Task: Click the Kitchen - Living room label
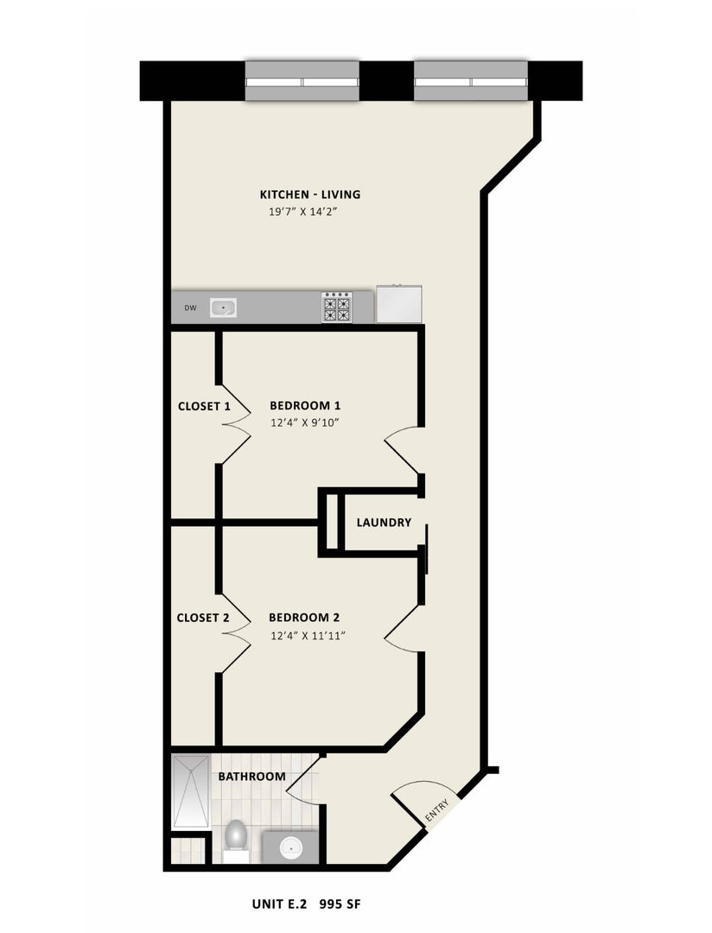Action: coord(310,194)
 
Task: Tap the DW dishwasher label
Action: coord(189,308)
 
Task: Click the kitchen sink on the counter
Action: coord(224,307)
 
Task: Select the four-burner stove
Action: coord(336,307)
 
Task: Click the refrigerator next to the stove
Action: coord(399,305)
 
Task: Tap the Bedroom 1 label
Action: coord(305,405)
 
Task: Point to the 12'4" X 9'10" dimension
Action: coord(305,423)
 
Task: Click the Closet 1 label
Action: coord(204,406)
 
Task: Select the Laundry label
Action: coord(384,523)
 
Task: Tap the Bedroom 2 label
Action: coord(304,617)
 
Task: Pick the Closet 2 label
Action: coord(202,618)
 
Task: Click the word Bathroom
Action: coord(251,777)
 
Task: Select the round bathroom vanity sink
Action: coord(291,846)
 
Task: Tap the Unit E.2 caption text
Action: coord(279,904)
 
